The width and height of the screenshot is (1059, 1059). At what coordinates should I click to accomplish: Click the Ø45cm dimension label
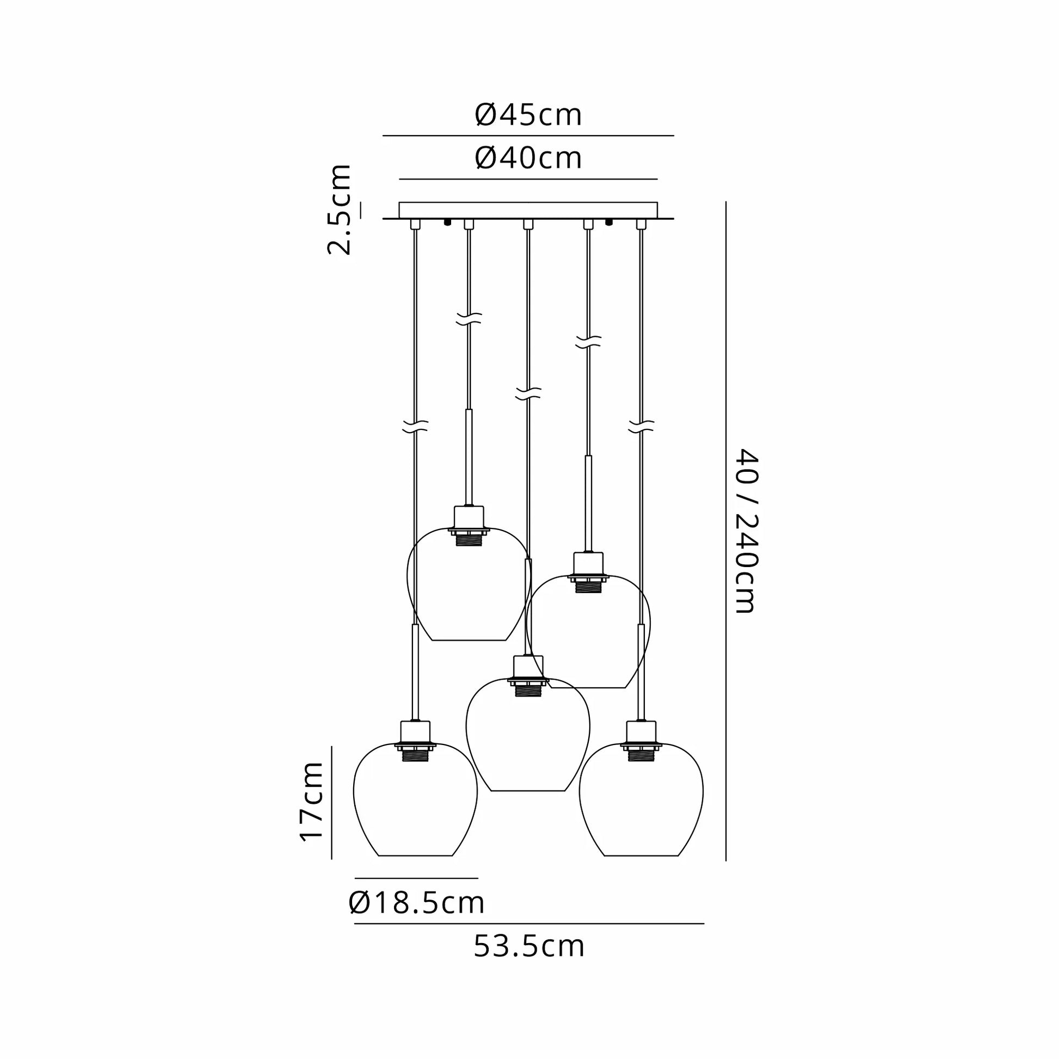(528, 115)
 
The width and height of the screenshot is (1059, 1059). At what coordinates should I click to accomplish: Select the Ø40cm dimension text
(528, 158)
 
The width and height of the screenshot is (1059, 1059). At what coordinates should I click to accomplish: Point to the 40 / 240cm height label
(746, 530)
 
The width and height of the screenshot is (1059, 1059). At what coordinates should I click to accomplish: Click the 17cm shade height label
(311, 801)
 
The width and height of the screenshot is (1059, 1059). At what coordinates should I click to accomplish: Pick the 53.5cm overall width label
(529, 947)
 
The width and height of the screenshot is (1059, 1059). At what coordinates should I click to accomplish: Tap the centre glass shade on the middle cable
(528, 735)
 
